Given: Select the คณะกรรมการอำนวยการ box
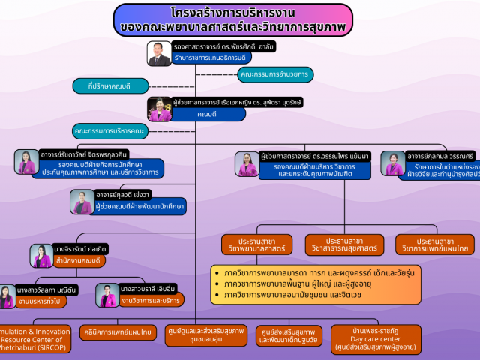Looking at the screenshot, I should tap(275, 74).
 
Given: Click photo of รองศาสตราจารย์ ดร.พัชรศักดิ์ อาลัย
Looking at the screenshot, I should tap(160, 54).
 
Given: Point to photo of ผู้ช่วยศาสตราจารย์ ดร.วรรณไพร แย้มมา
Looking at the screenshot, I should tap(247, 164).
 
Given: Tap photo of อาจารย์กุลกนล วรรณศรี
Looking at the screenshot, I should tap(392, 163).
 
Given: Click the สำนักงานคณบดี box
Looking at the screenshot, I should tap(78, 260).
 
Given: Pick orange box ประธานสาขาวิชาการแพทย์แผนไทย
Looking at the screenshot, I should tap(434, 245).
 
